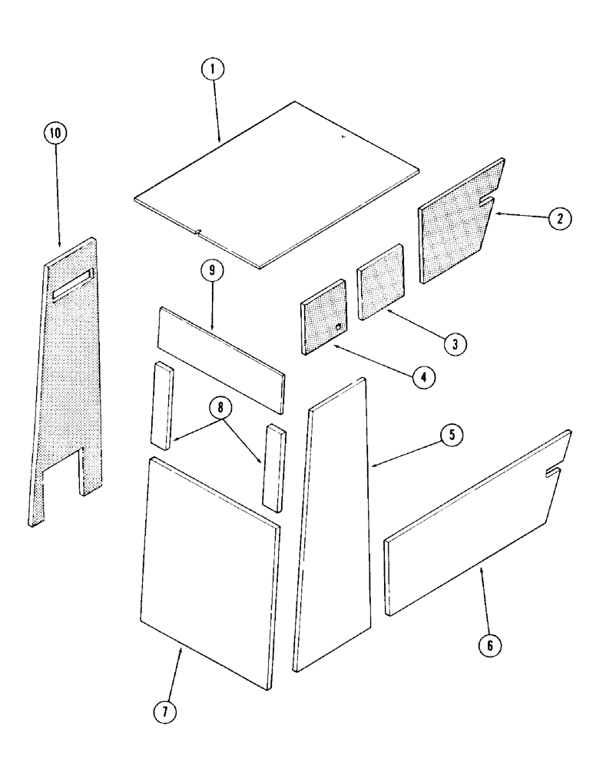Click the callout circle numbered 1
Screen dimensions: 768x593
click(214, 70)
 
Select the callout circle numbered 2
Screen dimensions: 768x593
click(559, 219)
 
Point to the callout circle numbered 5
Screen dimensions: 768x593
click(451, 435)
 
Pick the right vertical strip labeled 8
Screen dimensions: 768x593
click(273, 465)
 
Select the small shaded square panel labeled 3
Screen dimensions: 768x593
click(381, 281)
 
